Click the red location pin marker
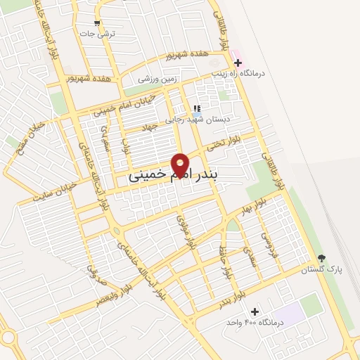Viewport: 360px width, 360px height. coord(181,163)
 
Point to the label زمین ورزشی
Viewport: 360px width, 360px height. coord(156,79)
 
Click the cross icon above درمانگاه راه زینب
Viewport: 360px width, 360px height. coord(238,63)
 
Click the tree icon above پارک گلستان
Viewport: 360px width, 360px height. coord(322,259)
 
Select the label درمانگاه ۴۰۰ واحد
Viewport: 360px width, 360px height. coord(254,322)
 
